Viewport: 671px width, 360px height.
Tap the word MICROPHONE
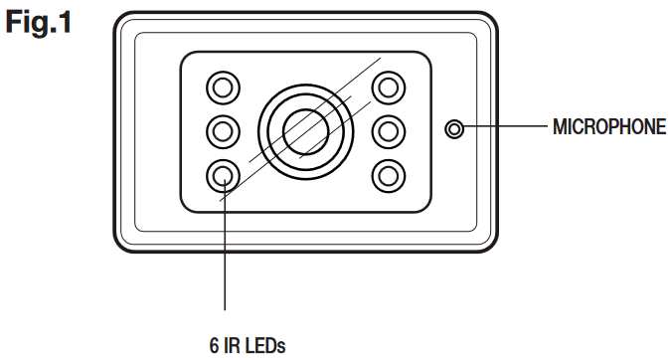607,128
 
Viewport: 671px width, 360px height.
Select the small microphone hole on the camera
454,129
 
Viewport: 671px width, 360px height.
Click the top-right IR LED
388,87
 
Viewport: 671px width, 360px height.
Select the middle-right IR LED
388,130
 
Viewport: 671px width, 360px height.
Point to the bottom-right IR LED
388,175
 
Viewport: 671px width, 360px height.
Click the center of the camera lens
305,129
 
